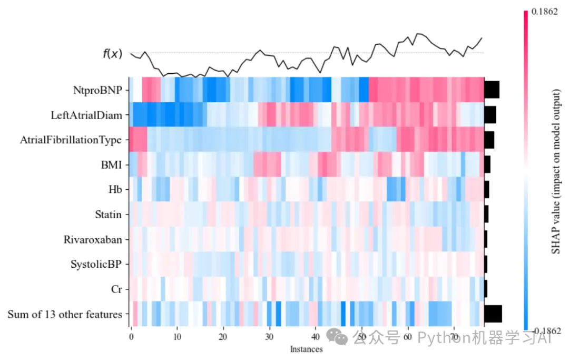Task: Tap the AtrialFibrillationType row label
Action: [x=71, y=140]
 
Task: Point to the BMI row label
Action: [x=112, y=165]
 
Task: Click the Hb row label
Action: [x=115, y=190]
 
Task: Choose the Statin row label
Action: [x=108, y=215]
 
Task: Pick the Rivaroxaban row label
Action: [x=93, y=240]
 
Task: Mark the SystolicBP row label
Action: [x=96, y=265]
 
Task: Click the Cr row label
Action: [x=116, y=289]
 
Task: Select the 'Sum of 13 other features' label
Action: [x=65, y=315]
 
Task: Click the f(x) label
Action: [x=112, y=53]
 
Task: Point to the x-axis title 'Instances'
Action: [x=306, y=349]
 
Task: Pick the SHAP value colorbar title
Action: [x=556, y=172]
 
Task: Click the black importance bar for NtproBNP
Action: [x=492, y=90]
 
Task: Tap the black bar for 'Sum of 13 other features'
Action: [x=493, y=314]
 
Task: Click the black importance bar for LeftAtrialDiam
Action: [x=490, y=115]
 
